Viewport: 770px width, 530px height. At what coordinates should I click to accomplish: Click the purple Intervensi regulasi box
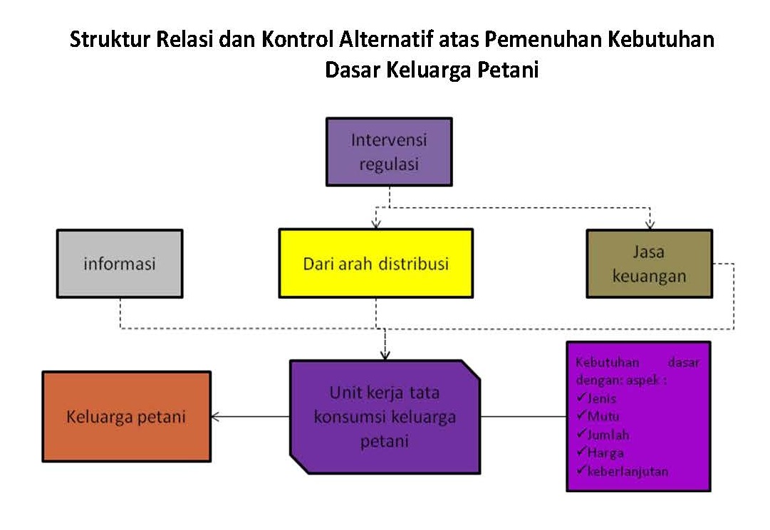pos(389,152)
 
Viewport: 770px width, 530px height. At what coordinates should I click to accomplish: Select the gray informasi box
pos(120,264)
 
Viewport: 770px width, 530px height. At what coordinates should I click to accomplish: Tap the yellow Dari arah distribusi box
pos(376,263)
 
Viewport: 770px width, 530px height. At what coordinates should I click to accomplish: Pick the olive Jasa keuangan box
pos(649,264)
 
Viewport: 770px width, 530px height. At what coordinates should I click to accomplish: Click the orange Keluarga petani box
pos(127,417)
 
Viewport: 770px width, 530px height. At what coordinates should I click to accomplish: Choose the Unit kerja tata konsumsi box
pos(385,417)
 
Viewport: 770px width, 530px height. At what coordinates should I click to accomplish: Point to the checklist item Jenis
pos(597,398)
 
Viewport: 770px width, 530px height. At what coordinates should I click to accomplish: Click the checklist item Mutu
pos(598,415)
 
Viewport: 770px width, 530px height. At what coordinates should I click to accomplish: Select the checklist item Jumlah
pos(603,435)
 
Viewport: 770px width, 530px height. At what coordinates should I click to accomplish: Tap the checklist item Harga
pos(600,452)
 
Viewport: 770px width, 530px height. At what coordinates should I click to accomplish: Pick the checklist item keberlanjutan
pos(623,471)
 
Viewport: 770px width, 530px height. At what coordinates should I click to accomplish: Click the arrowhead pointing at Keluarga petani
pos(215,417)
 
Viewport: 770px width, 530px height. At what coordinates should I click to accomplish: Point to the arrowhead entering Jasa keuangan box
pos(650,225)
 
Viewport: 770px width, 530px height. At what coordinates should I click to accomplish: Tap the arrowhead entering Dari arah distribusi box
pos(376,225)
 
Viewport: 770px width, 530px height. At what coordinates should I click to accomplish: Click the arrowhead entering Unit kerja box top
pos(385,356)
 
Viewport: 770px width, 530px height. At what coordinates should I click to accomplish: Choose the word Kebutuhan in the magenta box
pos(608,362)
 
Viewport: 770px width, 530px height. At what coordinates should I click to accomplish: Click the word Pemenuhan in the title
pos(543,39)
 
